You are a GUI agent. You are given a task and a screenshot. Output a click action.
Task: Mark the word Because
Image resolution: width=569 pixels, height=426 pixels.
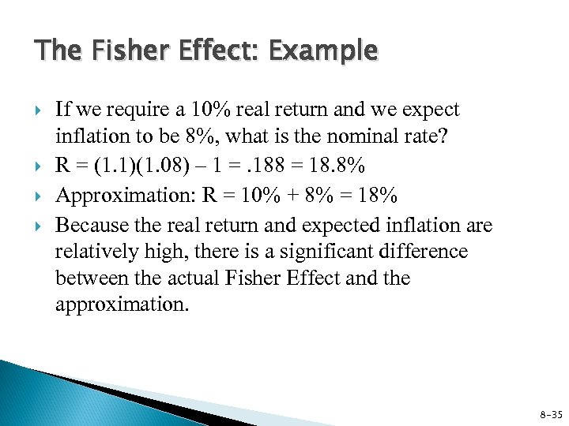point(90,226)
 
